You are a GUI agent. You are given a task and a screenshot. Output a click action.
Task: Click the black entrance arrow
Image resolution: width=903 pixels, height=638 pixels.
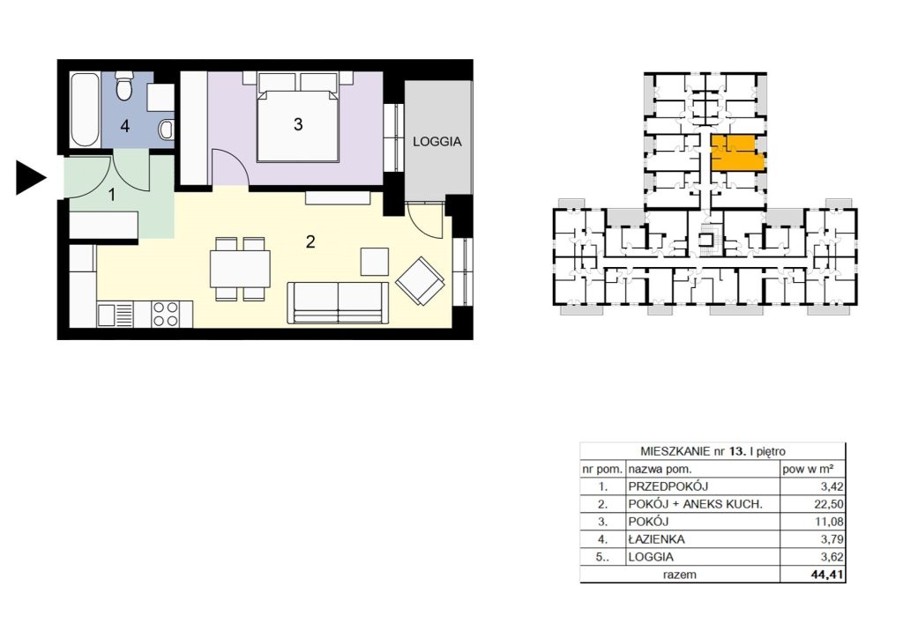29,178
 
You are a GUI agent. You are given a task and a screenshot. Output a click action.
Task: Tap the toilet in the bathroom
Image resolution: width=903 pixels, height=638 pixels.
123,85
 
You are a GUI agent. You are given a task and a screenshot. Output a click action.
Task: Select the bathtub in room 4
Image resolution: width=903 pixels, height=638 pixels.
85,108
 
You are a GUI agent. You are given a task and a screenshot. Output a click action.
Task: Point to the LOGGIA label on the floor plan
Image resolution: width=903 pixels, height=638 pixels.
437,142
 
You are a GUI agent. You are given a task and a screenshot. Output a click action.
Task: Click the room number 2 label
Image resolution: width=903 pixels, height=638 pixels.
310,242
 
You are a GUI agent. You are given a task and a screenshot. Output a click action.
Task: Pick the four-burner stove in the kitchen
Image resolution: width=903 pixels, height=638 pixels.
165,314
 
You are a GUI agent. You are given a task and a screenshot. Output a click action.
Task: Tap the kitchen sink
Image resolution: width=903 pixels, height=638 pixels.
116,315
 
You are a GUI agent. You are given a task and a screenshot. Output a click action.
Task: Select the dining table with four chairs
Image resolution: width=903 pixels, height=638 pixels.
240,269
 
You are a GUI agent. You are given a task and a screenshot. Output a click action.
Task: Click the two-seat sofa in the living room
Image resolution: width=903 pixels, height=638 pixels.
338,302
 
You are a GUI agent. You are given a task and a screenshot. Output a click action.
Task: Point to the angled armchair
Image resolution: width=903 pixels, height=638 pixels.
421,281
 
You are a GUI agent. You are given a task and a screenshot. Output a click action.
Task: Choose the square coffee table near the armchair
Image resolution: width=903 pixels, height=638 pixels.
375,262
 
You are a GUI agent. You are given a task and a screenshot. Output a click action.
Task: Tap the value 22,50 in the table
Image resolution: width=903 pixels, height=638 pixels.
832,505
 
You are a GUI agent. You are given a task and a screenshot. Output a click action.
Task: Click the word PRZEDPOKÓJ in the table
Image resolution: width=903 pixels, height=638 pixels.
668,486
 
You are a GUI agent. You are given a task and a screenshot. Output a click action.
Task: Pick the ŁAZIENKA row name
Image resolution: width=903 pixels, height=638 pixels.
656,539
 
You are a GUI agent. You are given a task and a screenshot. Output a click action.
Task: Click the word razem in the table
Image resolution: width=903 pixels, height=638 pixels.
680,575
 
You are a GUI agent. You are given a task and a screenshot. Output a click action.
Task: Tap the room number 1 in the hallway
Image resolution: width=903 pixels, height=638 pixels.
112,195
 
